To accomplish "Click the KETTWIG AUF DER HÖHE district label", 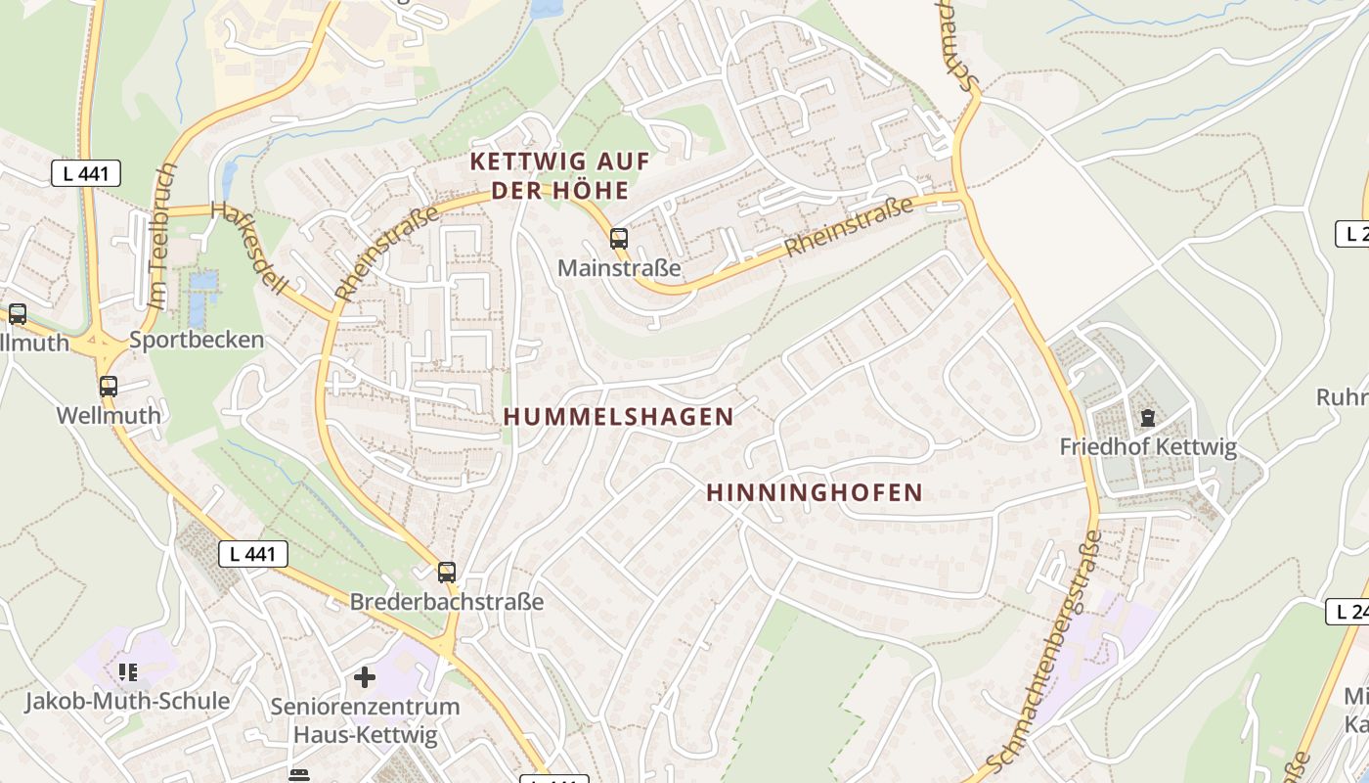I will coord(559,175).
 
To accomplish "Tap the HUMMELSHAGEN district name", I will coord(618,416).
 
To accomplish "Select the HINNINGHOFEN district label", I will coord(815,492).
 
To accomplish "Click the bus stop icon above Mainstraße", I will coord(618,238).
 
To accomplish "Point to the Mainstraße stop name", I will coord(619,267).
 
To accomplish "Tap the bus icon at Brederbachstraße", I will coord(447,573).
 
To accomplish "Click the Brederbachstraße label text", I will coord(447,601).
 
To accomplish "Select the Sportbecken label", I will coord(197,340).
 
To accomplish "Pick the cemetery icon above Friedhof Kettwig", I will coord(1147,419).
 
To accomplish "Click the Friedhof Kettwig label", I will coord(1148,447).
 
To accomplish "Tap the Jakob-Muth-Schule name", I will coord(127,701).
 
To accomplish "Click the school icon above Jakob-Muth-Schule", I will coord(127,671).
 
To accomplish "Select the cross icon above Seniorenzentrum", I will coord(365,676).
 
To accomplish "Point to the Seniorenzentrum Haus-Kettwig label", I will coord(365,719).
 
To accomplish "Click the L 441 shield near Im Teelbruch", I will coord(86,174).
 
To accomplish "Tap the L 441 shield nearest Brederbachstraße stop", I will coord(253,554).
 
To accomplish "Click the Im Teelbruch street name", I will coord(162,236).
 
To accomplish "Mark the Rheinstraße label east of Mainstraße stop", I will coord(849,226).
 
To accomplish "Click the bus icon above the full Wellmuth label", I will coord(109,387).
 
